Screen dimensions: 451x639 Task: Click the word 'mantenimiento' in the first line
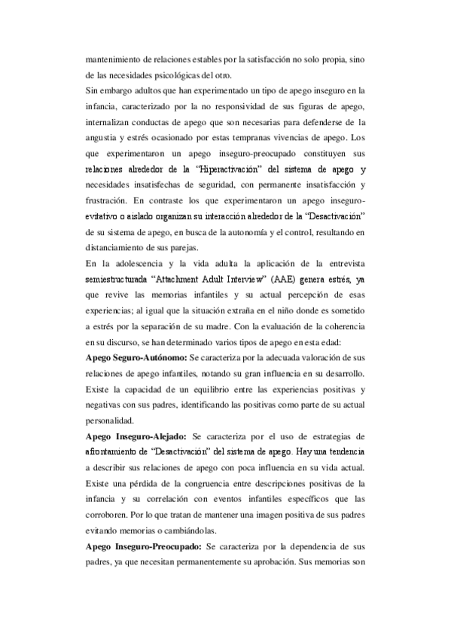pyautogui.click(x=112, y=57)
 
